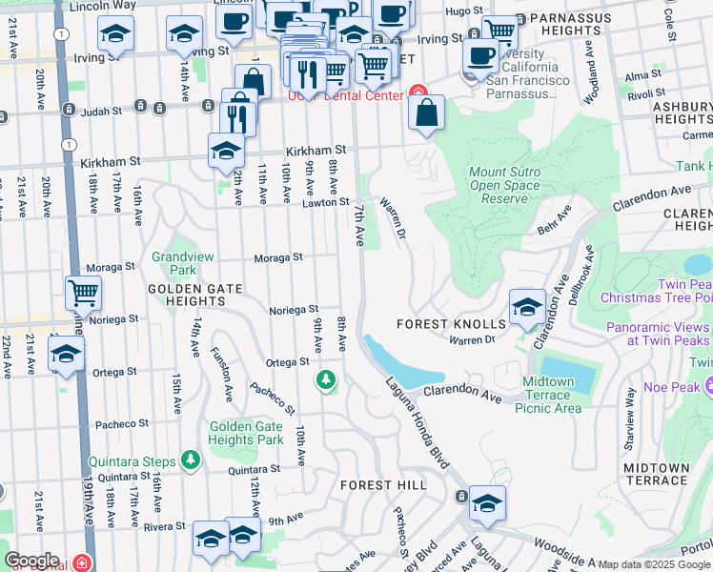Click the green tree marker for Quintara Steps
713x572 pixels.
tap(192, 460)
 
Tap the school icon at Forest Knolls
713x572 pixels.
tap(527, 307)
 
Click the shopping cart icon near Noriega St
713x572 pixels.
tap(84, 293)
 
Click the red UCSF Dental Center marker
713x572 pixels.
tap(417, 93)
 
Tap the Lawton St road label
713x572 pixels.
tap(327, 202)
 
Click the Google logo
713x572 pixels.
tap(31, 561)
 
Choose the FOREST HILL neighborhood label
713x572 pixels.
tap(384, 485)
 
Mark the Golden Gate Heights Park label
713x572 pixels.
tap(246, 434)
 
